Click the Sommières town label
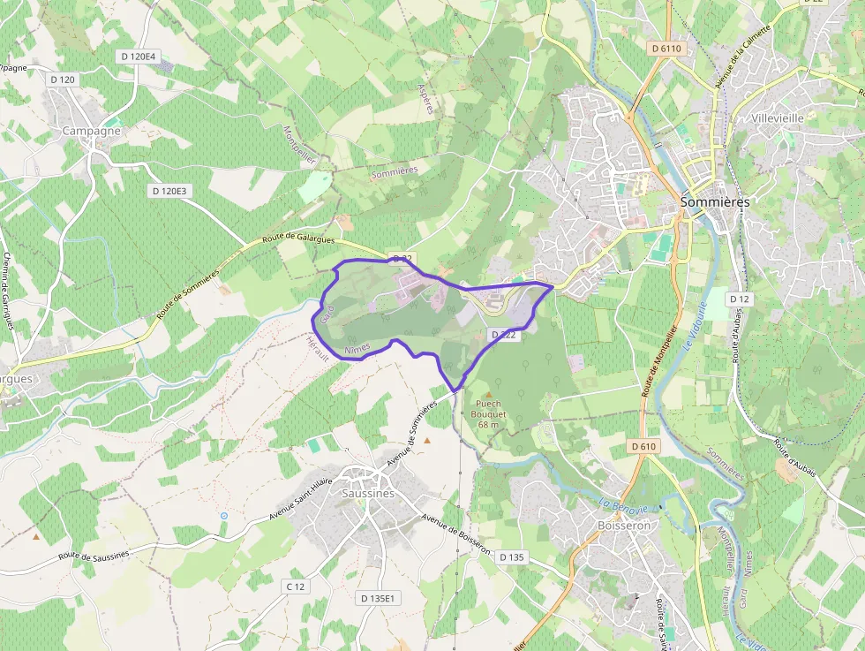point(715,202)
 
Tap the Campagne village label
point(92,131)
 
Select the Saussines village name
point(368,494)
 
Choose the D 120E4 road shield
point(138,57)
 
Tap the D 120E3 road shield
point(170,191)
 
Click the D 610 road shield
point(644,447)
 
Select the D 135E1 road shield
point(380,598)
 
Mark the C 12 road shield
point(296,587)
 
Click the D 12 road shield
point(740,299)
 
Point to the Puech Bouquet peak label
point(489,414)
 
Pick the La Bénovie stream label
point(624,506)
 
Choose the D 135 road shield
point(512,557)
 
